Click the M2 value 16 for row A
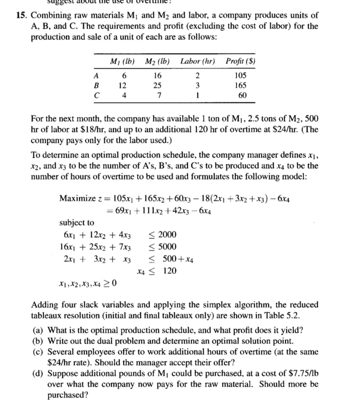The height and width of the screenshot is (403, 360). tap(157, 75)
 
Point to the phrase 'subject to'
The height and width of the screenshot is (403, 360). tap(76, 223)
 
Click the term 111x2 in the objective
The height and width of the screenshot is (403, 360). tap(146, 210)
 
